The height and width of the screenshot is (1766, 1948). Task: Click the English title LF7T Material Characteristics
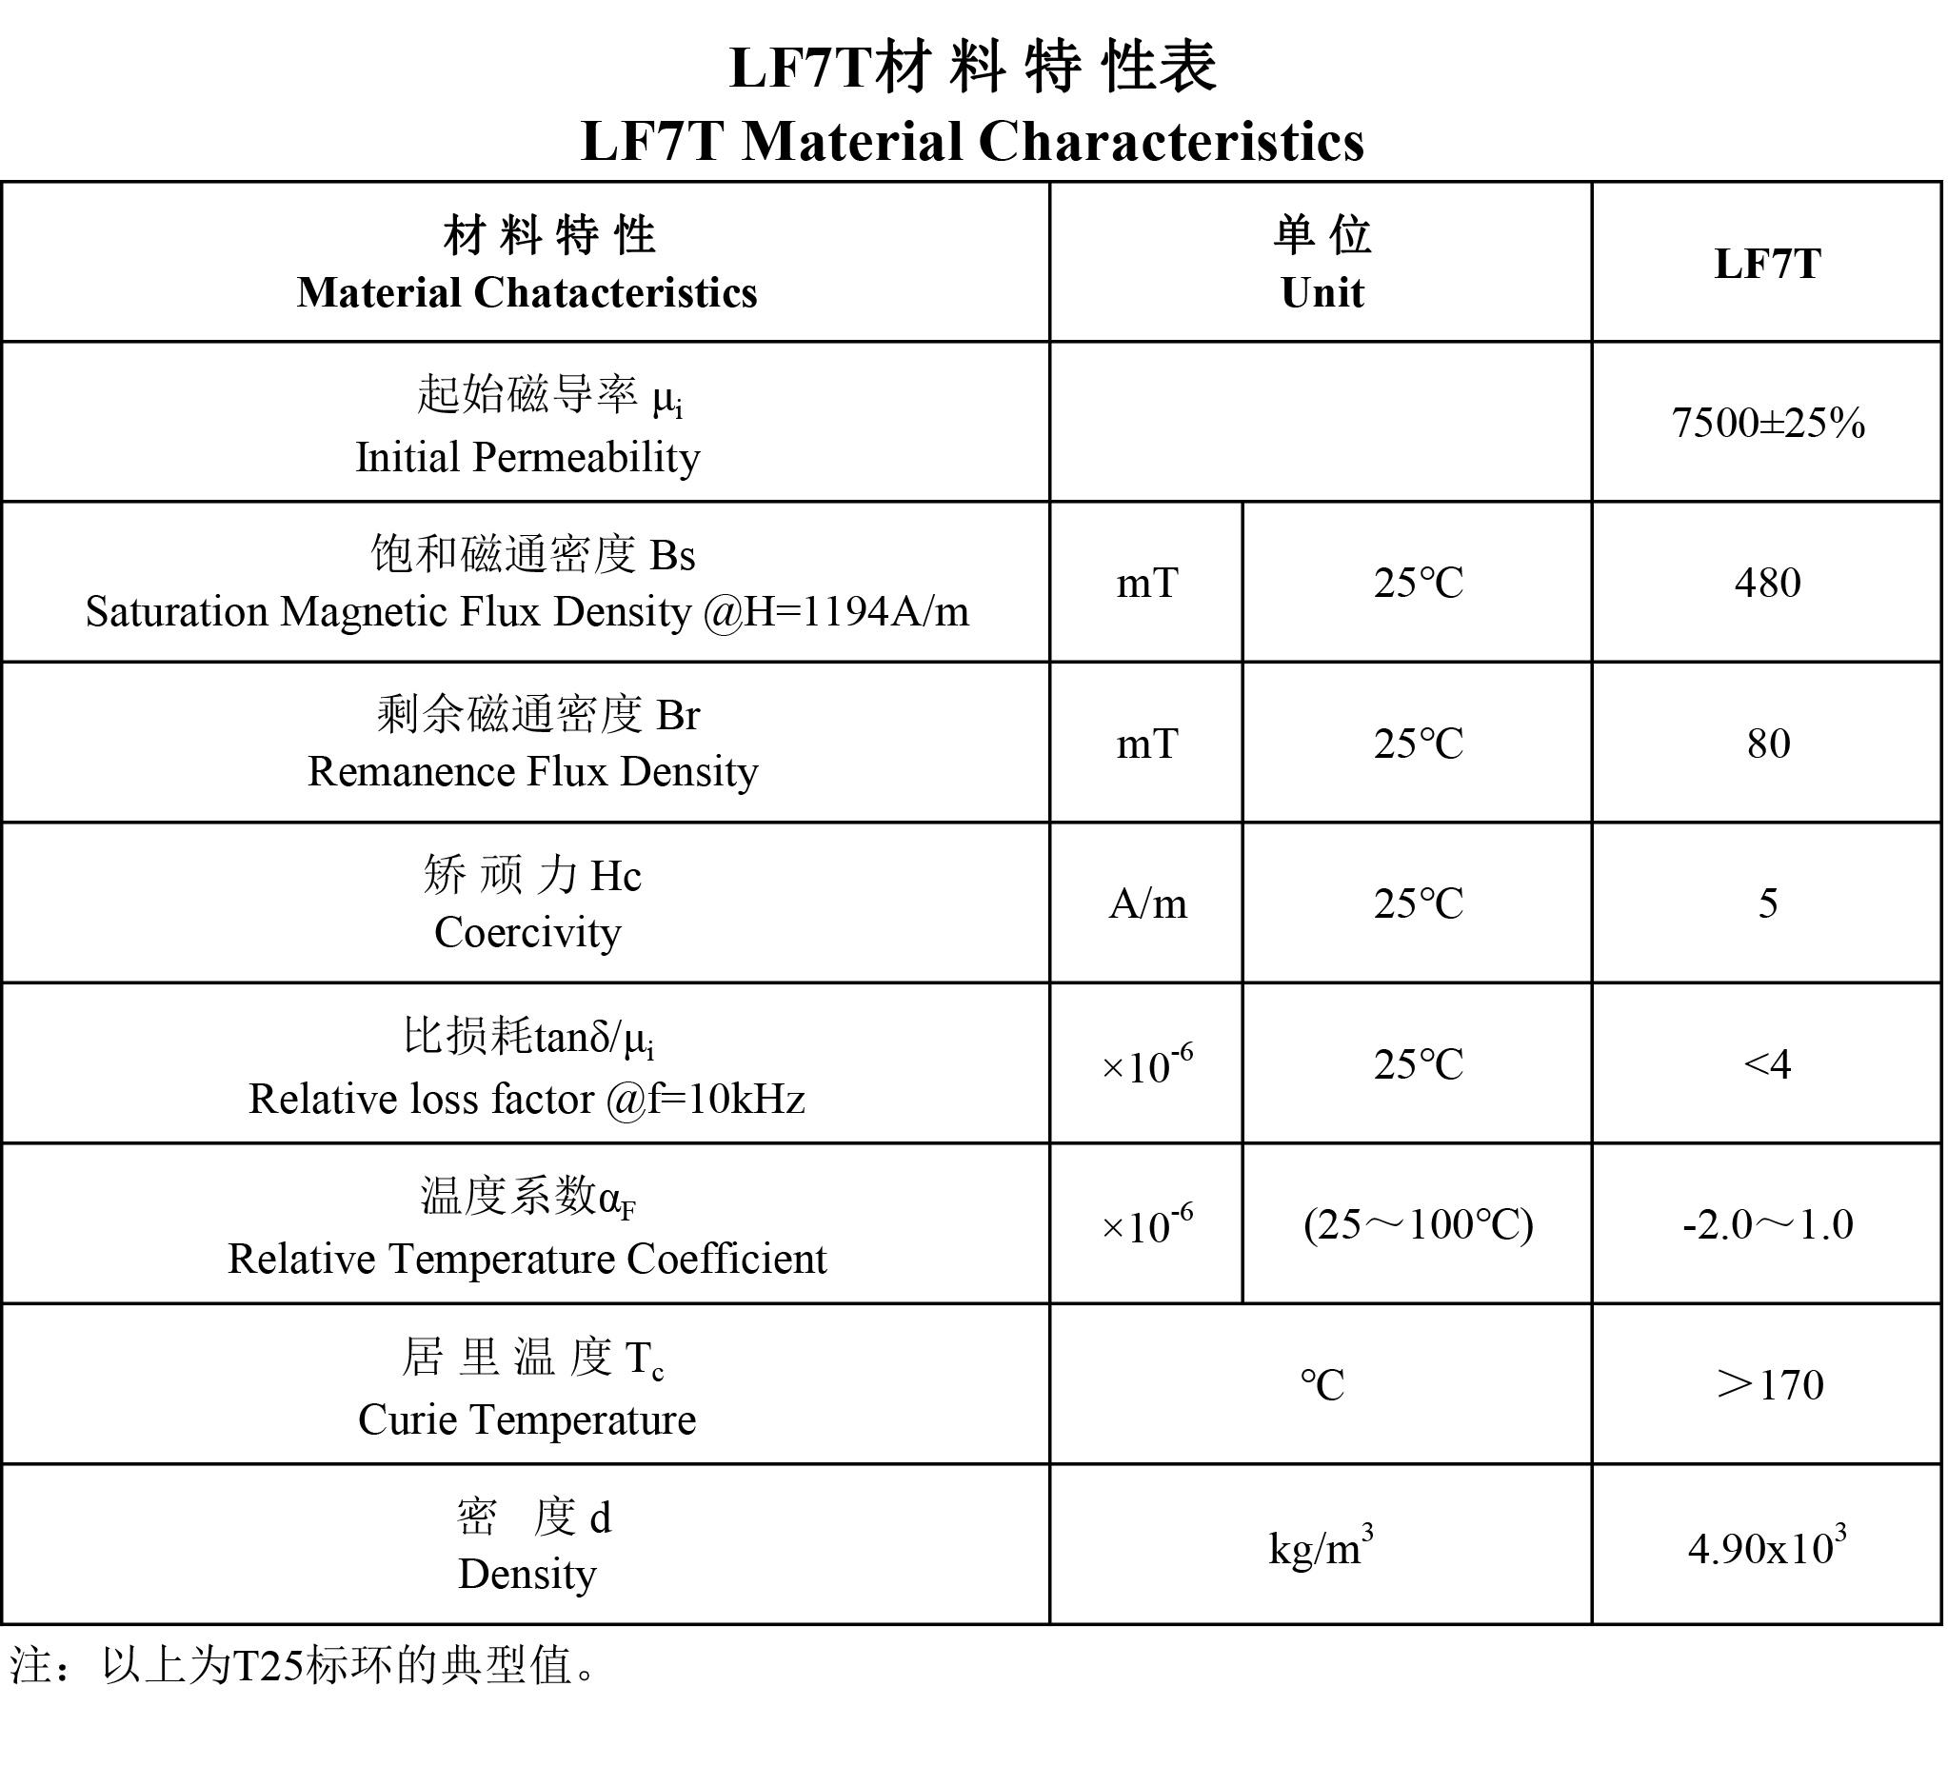click(x=972, y=141)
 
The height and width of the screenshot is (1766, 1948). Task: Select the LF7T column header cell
click(x=1766, y=264)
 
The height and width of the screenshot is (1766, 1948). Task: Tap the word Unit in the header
click(x=1321, y=292)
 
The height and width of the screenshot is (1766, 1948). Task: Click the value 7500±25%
click(x=1767, y=423)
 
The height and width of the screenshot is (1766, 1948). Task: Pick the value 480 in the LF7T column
click(x=1767, y=583)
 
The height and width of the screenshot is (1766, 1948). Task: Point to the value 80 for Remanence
click(x=1767, y=744)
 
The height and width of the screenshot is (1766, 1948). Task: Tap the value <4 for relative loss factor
click(x=1767, y=1064)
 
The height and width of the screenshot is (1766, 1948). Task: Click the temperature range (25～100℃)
click(x=1418, y=1225)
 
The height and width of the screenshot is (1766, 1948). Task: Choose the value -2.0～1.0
click(x=1767, y=1225)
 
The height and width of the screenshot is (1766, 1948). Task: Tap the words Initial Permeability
click(x=527, y=457)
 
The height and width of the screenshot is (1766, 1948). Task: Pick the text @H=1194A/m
click(x=836, y=611)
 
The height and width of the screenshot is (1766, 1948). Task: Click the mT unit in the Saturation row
click(x=1147, y=583)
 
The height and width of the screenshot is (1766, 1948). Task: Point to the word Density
click(x=527, y=1575)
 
